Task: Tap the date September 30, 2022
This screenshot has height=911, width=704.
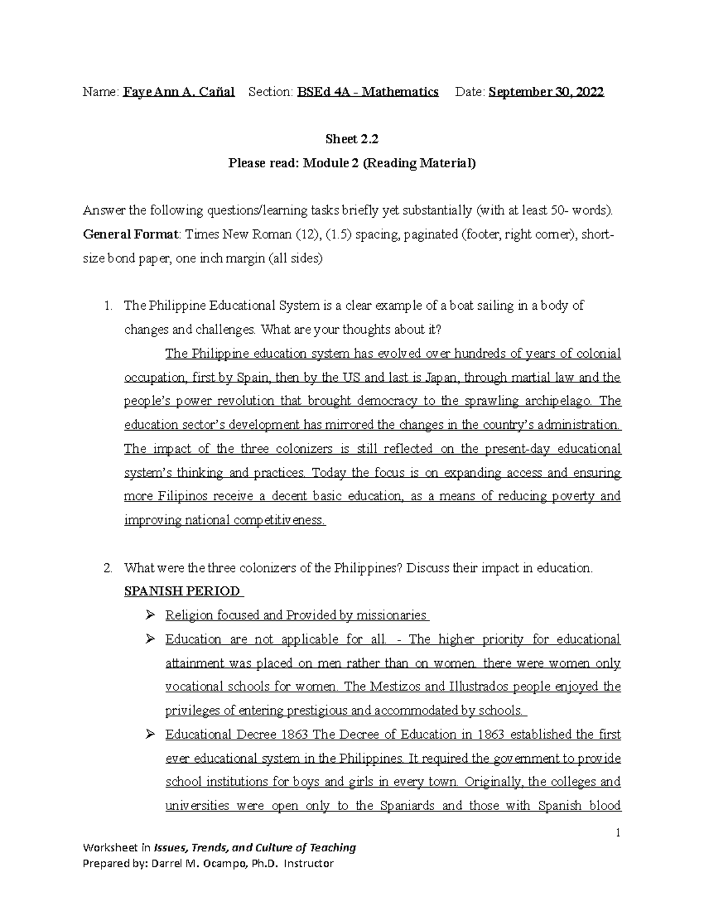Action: [x=546, y=92]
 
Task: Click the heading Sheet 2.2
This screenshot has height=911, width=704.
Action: [x=352, y=139]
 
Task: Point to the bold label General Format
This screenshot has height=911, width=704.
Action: [x=131, y=234]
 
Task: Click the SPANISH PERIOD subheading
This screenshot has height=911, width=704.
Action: [x=182, y=591]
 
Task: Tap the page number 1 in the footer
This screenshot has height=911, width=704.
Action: [x=618, y=832]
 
